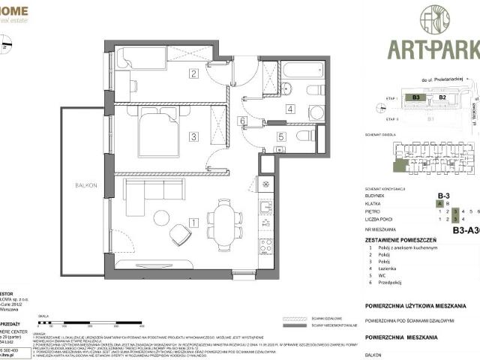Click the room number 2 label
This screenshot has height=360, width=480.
pos(193,73)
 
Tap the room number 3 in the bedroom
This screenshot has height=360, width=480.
pos(193,136)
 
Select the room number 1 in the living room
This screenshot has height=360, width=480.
pos(193,222)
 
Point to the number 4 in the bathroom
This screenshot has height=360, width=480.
pos(268,109)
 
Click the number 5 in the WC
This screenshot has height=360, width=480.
pos(280,136)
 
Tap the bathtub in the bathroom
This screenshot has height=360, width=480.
pos(302,72)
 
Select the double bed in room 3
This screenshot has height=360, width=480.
pos(158,132)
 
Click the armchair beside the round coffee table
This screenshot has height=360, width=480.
pos(180,235)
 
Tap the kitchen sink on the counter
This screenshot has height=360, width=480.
pos(265,206)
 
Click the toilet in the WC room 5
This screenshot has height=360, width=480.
pos(304,136)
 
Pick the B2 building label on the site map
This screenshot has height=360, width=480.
pos(442,97)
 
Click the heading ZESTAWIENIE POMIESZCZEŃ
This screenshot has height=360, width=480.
pos(412,238)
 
